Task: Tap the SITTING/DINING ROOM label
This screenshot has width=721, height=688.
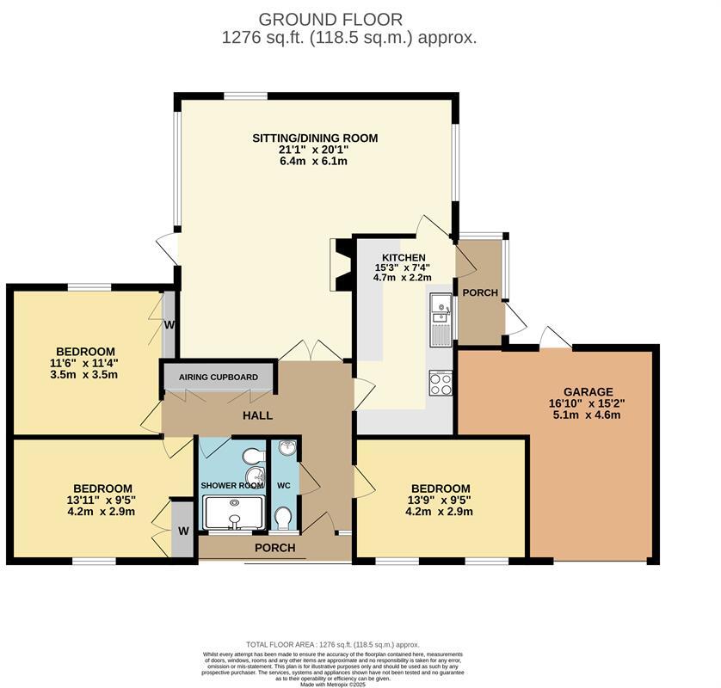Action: (314, 138)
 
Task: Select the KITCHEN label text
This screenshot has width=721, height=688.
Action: (404, 257)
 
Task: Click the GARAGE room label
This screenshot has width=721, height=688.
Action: (589, 391)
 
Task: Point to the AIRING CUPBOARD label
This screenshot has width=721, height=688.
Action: (218, 378)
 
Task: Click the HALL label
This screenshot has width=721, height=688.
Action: (257, 415)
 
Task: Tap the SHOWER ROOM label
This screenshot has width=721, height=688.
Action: (231, 485)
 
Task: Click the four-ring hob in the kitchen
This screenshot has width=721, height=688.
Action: (441, 383)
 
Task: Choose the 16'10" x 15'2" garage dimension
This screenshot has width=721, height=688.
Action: (589, 403)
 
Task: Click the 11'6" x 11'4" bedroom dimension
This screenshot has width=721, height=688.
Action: (85, 363)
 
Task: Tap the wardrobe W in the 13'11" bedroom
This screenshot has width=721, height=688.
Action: (182, 531)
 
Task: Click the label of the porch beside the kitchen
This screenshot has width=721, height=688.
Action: (480, 292)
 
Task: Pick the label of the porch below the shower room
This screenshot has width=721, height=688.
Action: (275, 548)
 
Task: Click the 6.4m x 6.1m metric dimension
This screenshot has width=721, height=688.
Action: (314, 162)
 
